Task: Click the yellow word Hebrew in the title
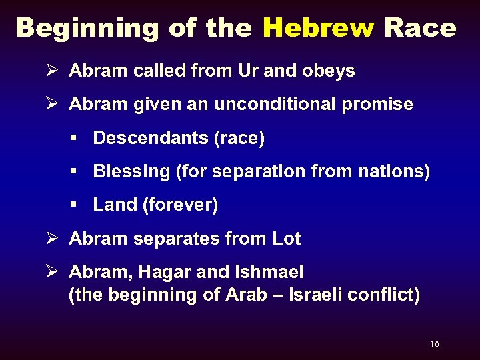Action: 319,28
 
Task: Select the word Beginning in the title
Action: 87,28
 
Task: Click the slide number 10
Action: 435,345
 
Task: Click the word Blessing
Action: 131,171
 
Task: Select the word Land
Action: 115,205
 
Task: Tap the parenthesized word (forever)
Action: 181,205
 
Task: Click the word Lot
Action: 287,239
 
